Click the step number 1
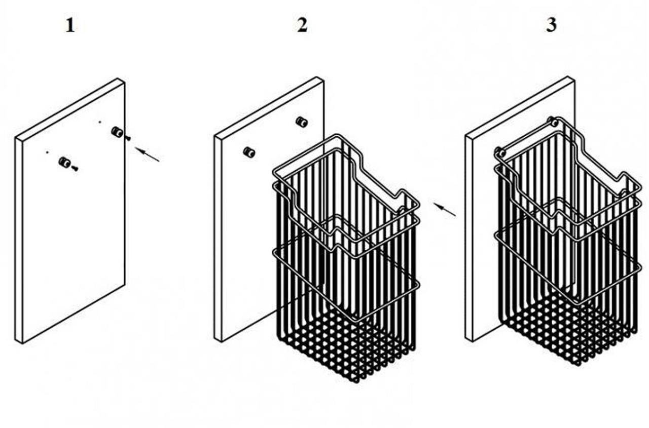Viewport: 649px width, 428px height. pyautogui.click(x=70, y=25)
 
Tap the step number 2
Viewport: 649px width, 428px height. pyautogui.click(x=302, y=25)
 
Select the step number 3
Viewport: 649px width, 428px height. pyautogui.click(x=551, y=25)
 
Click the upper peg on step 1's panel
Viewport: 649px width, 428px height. pyautogui.click(x=117, y=132)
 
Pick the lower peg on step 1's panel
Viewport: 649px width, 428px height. pyautogui.click(x=64, y=163)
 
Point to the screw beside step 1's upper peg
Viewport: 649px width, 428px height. pyautogui.click(x=128, y=138)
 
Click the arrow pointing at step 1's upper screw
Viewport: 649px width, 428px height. pyautogui.click(x=147, y=154)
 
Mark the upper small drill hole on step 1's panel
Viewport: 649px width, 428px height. pyautogui.click(x=100, y=122)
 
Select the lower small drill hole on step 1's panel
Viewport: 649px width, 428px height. pyautogui.click(x=47, y=152)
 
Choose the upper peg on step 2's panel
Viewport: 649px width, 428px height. pyautogui.click(x=302, y=122)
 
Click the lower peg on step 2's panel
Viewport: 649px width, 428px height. pyautogui.click(x=249, y=152)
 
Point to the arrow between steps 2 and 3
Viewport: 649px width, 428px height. pyautogui.click(x=445, y=210)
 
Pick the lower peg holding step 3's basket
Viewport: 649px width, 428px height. pyautogui.click(x=500, y=152)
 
